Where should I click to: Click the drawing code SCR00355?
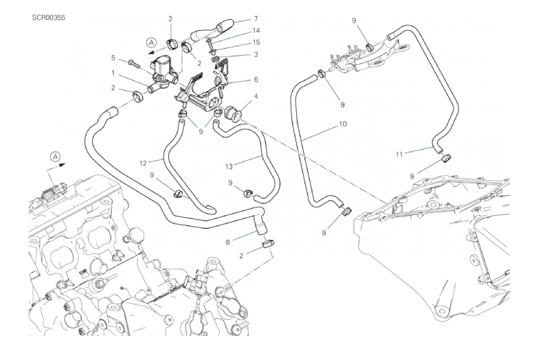[49, 15]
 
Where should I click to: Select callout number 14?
[256, 30]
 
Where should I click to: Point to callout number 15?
[256, 42]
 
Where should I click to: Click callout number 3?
[256, 54]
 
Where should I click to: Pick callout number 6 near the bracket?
[256, 79]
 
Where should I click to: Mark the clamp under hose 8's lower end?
[267, 245]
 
